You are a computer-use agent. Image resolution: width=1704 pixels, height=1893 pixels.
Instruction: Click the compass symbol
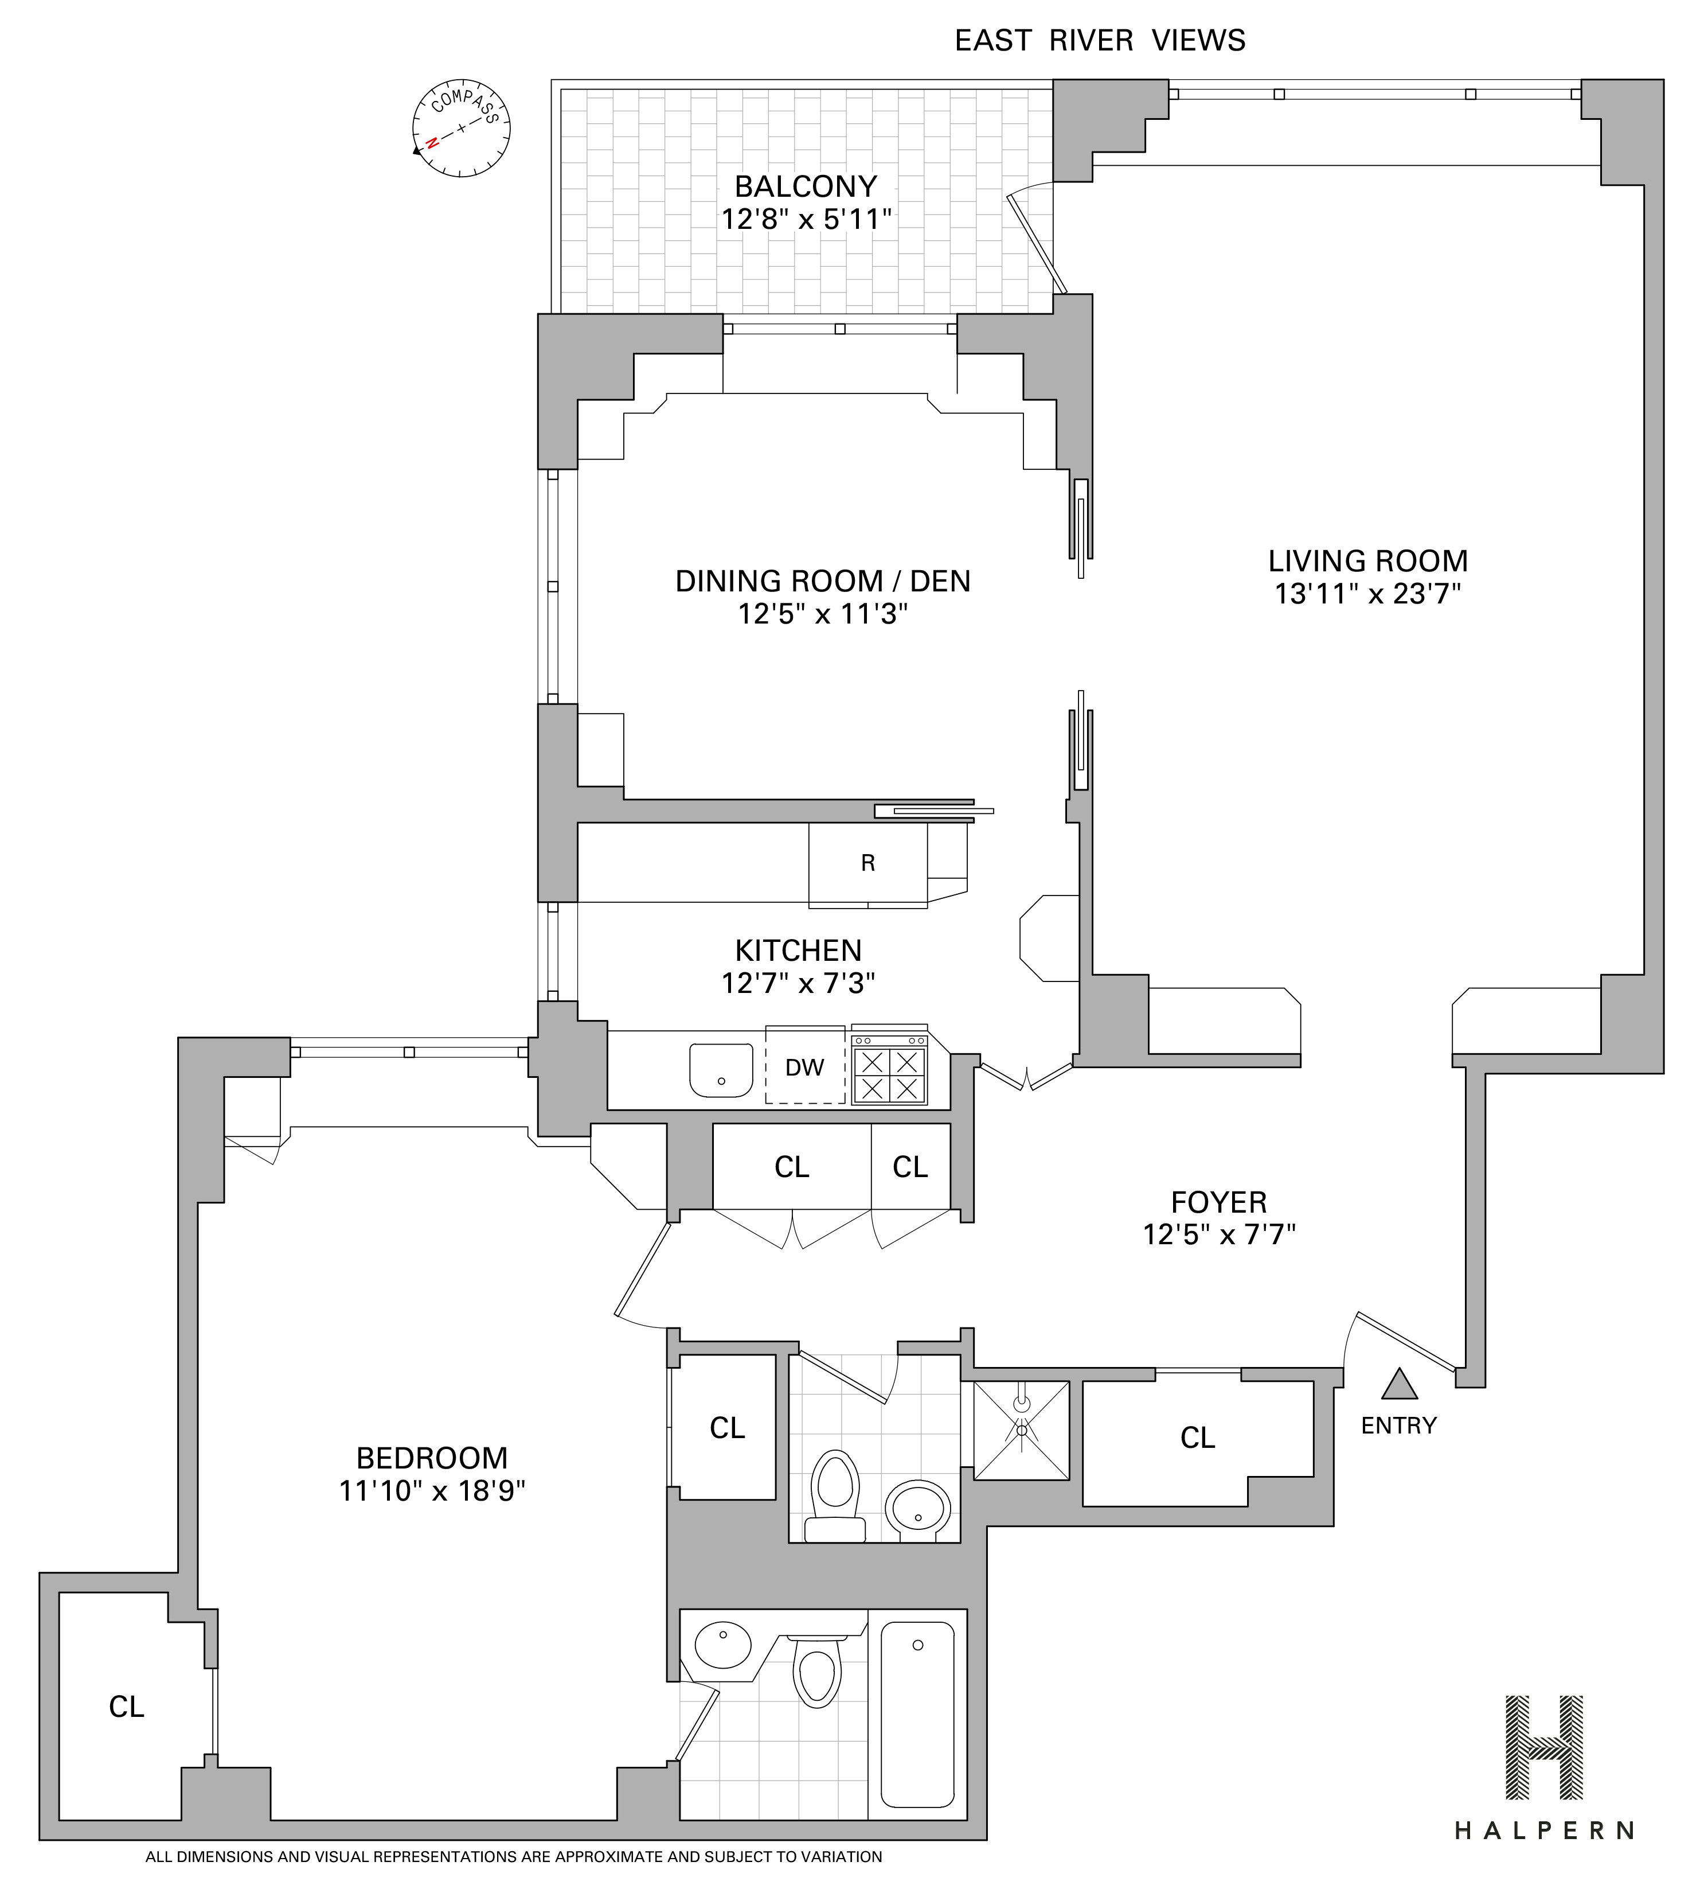[x=462, y=128]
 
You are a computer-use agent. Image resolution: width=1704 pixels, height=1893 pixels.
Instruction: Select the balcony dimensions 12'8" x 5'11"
[x=805, y=219]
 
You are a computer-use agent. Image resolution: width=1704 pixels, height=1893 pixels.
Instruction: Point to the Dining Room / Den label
[x=822, y=581]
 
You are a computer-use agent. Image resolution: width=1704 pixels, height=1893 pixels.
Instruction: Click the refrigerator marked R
[x=868, y=863]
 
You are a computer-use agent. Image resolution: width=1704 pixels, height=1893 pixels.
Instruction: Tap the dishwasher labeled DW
[x=804, y=1066]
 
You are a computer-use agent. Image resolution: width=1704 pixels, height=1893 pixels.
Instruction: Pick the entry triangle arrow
[x=1399, y=1384]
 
